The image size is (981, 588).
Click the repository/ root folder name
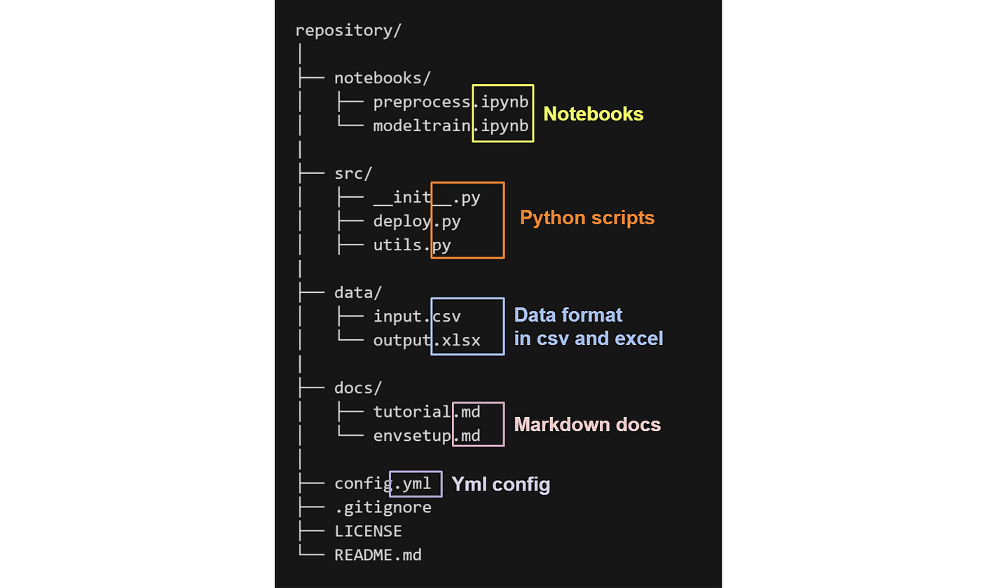point(348,31)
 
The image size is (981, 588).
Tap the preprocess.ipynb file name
point(451,102)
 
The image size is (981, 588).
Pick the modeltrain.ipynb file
point(451,126)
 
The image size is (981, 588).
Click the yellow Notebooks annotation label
point(593,114)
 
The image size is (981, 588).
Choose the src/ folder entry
point(353,174)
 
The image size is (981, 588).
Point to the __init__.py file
point(426,198)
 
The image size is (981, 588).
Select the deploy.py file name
point(416,221)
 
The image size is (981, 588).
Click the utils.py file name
point(411,245)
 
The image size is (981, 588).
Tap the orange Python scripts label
point(586,218)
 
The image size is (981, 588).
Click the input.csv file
point(416,317)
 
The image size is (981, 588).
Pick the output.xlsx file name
point(426,341)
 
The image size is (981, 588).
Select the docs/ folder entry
point(358,388)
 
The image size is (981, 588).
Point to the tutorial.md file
point(426,412)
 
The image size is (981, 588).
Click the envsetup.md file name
point(426,436)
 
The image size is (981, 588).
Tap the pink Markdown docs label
point(587,425)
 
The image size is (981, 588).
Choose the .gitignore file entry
point(383,507)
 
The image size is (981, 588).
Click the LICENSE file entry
point(368,531)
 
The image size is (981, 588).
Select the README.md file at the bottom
point(378,555)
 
